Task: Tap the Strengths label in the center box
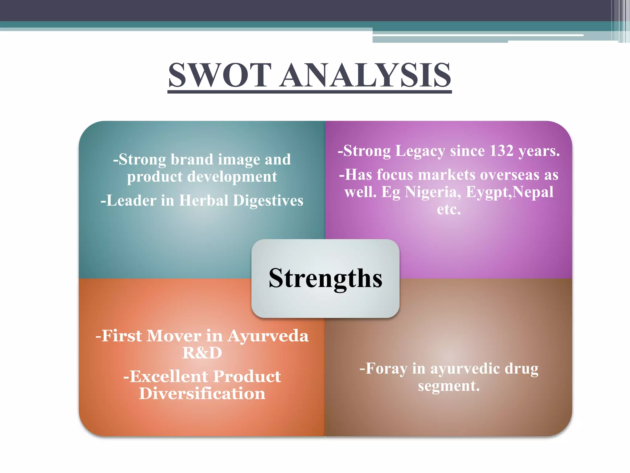click(325, 278)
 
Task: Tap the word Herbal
click(204, 200)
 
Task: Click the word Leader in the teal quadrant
click(131, 200)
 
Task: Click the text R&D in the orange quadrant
click(202, 353)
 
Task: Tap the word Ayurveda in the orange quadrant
click(268, 336)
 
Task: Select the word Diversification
click(202, 394)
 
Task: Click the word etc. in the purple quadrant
click(449, 209)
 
